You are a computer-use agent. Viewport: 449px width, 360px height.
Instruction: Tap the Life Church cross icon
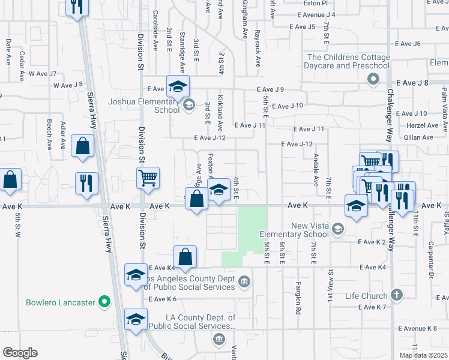396,295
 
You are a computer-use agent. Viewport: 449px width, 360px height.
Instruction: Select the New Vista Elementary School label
294,230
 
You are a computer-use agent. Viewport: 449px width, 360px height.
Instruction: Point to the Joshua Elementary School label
143,106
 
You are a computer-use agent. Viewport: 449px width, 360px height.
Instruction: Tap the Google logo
20,352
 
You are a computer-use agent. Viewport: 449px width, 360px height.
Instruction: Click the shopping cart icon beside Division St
147,178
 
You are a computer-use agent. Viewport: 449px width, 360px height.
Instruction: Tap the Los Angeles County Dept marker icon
244,281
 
